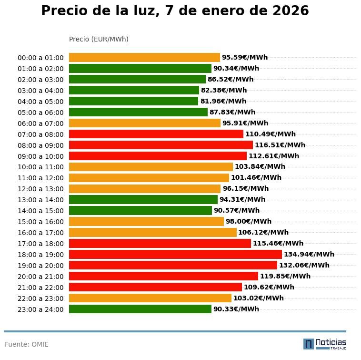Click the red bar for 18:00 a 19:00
(175, 255)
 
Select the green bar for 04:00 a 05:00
(133, 101)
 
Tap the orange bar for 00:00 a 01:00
(144, 58)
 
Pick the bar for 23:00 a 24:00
(140, 309)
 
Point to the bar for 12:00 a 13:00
(145, 189)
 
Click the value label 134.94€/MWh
(309, 255)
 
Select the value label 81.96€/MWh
(223, 101)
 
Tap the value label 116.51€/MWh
(280, 145)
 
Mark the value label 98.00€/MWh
(249, 222)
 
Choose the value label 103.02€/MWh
(259, 298)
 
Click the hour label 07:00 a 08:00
(40, 134)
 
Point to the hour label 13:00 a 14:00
(40, 200)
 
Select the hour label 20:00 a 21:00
(40, 277)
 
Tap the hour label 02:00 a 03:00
(40, 80)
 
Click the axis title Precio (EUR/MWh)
(99, 39)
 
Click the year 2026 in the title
(291, 11)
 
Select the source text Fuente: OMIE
(27, 344)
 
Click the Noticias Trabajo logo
(325, 344)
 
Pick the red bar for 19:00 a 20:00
(173, 266)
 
